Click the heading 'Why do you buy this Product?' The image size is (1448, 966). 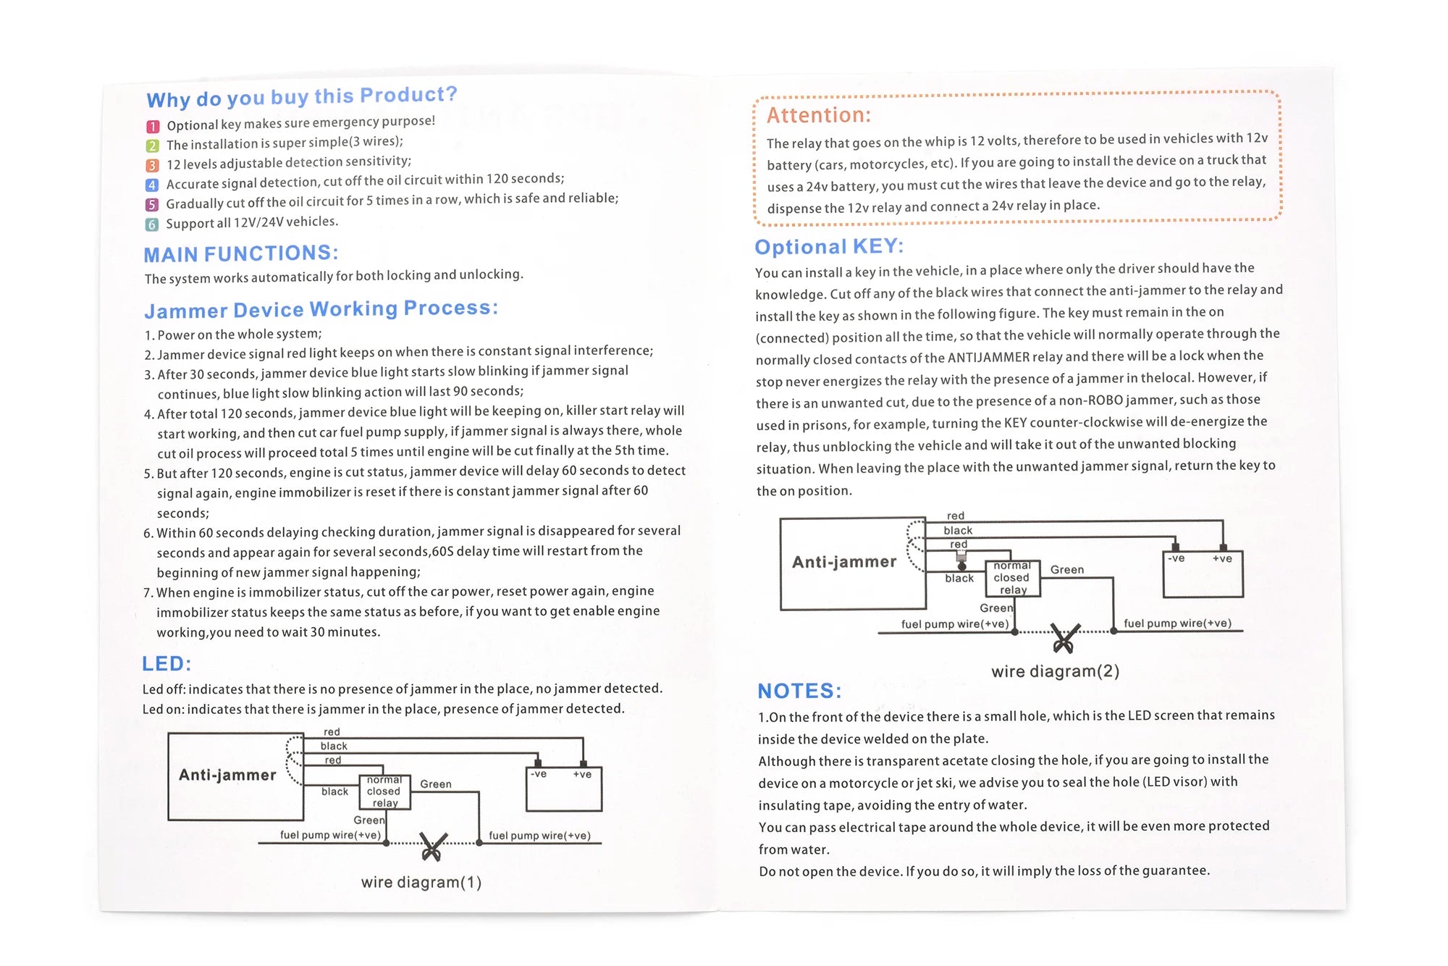coord(301,96)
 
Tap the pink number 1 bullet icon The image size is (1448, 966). coord(153,127)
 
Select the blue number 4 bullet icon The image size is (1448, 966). coord(152,185)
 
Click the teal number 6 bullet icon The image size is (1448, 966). coord(151,224)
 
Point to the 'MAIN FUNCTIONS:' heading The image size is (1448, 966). coord(240,254)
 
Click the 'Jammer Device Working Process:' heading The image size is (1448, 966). coord(321,309)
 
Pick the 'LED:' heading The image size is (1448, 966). coord(167,664)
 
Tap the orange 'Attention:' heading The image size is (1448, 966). coord(818,115)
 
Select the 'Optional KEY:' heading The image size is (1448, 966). coord(829,247)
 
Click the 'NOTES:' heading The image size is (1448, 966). coord(799,691)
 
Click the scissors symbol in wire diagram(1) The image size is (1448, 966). coord(433,847)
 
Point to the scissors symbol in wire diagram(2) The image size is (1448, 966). coord(1065,637)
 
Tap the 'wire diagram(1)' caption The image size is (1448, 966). coord(421,882)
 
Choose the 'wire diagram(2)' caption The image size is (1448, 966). coord(1055,671)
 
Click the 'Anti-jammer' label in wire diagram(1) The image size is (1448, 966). coord(227,775)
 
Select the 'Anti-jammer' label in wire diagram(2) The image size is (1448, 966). coord(844,562)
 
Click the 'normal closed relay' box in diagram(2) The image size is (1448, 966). coord(1012,578)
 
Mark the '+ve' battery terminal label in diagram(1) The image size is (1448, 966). coord(582,774)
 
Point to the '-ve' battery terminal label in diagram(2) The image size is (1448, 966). coord(1176,558)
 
